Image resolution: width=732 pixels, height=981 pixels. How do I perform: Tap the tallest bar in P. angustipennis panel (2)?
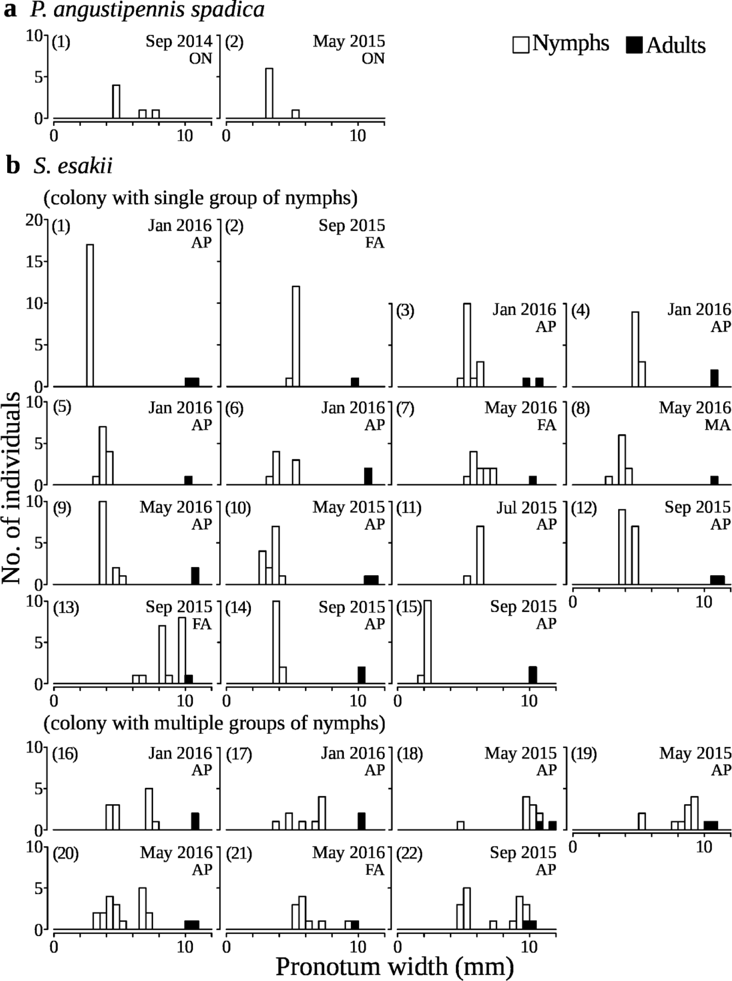269,93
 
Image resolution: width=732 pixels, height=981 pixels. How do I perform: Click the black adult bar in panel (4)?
714,378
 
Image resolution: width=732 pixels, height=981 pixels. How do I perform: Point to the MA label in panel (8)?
718,425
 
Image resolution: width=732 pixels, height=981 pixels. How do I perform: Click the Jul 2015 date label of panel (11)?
526,508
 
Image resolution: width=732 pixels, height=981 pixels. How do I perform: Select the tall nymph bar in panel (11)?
480,555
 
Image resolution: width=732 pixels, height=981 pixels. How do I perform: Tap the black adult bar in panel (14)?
361,675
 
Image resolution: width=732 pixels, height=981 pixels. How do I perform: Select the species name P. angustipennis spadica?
147,10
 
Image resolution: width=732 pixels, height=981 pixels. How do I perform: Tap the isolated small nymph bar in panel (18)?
460,825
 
